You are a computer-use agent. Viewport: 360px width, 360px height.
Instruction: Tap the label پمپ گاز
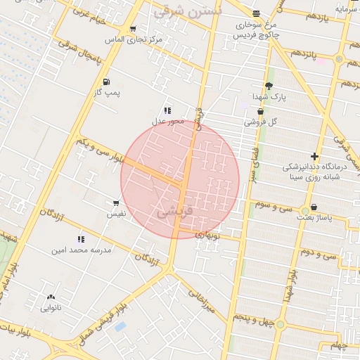click(x=108, y=92)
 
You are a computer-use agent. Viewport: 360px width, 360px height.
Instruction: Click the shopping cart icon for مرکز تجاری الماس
click(x=133, y=29)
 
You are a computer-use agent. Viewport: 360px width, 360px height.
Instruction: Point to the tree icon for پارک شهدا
click(x=269, y=86)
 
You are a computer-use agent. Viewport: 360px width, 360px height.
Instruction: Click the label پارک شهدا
click(x=270, y=96)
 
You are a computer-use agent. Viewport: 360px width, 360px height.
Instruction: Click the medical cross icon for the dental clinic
click(x=314, y=156)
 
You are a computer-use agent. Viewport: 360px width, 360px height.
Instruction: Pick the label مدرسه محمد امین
click(x=79, y=250)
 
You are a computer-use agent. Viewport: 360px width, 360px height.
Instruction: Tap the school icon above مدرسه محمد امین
click(x=80, y=239)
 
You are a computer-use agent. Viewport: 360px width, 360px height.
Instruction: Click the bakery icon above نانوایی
click(x=51, y=297)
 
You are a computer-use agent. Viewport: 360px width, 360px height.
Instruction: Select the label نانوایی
click(x=51, y=307)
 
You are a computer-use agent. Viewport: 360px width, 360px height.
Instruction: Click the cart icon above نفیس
click(x=116, y=202)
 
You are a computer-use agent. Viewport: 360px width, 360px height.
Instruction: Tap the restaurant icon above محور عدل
click(x=167, y=110)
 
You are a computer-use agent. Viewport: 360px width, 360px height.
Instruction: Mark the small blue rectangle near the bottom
click(x=120, y=327)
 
